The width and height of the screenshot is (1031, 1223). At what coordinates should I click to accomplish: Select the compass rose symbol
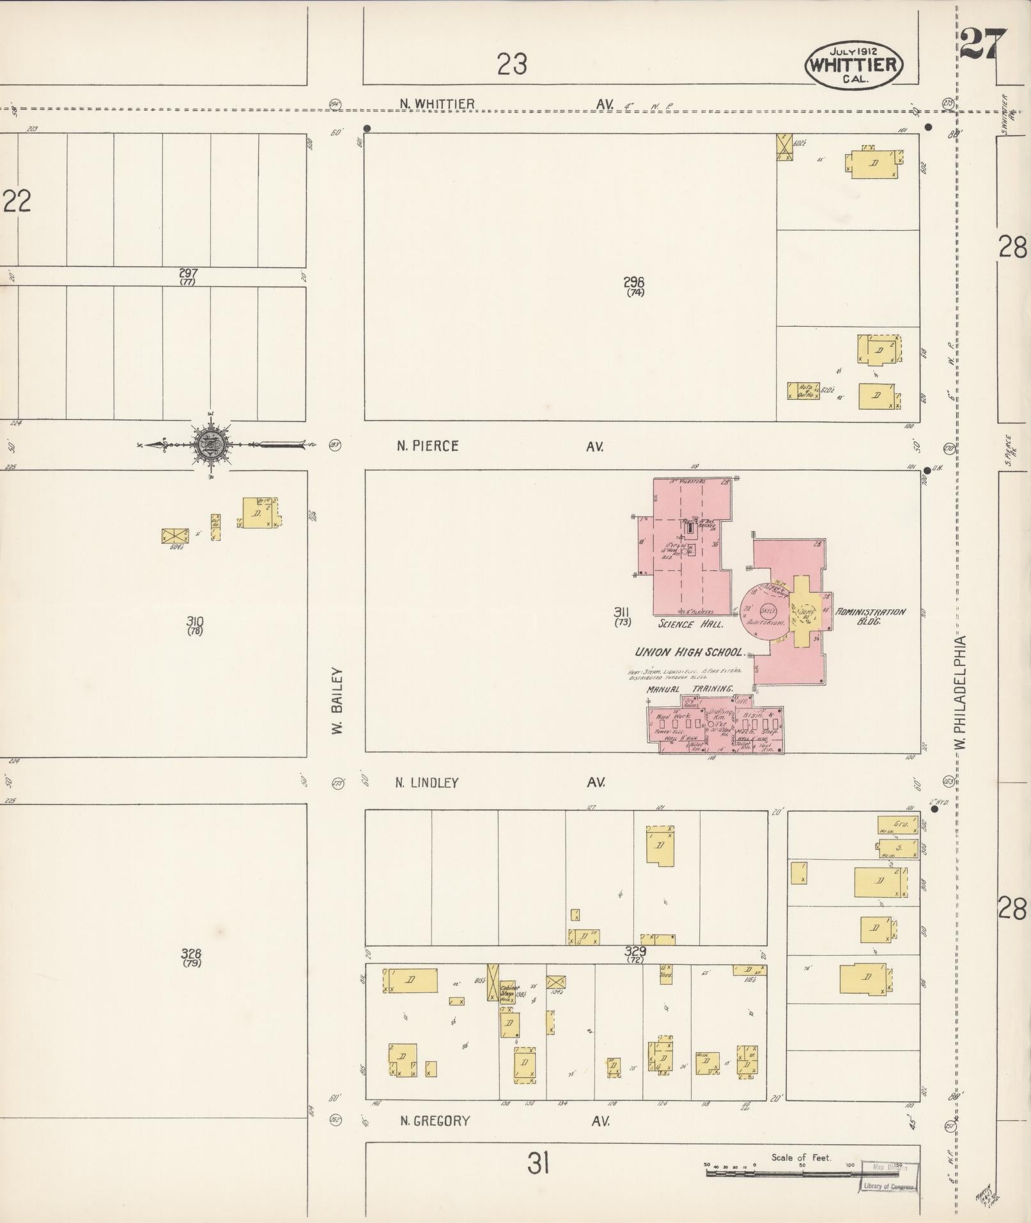(211, 443)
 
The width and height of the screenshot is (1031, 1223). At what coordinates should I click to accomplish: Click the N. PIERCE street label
(428, 446)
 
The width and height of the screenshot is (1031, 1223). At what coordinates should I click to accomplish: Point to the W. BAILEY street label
(338, 701)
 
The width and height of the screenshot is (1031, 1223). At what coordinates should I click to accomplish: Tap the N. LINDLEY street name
(426, 783)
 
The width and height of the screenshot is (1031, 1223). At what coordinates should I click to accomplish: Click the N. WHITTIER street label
(437, 104)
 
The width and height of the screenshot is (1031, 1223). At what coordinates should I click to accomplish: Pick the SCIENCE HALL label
(691, 624)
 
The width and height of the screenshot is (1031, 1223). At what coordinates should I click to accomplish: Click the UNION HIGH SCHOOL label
(689, 653)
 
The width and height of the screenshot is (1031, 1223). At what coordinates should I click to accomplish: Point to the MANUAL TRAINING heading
(690, 689)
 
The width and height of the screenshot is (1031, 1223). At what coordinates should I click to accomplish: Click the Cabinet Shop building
(508, 992)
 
